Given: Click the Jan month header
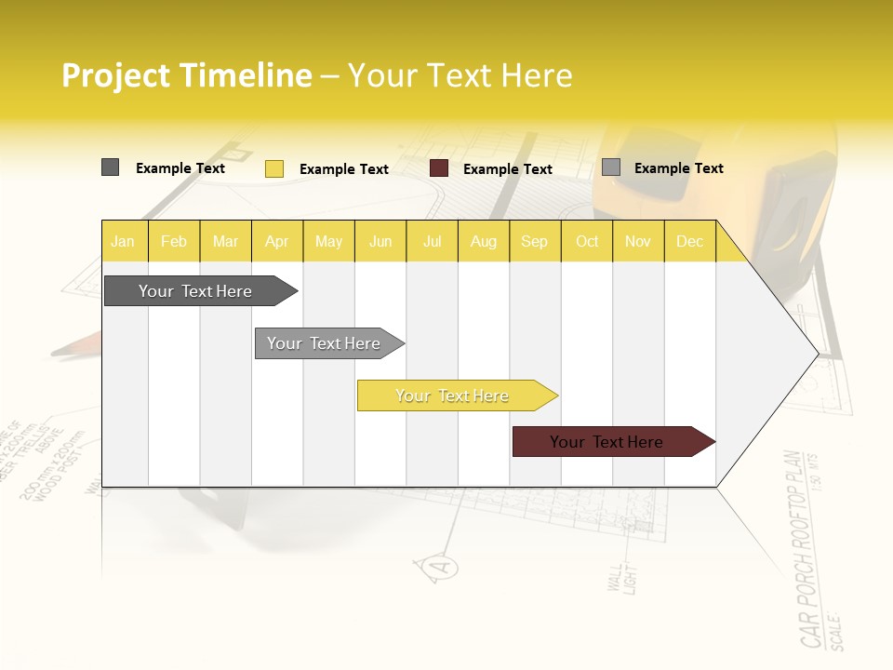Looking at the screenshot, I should point(123,241).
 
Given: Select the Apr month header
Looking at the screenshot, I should point(276,241).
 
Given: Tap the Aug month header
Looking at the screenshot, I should point(483,241).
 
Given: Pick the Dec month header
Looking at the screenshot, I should point(689,241).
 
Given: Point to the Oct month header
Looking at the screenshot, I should point(587,241).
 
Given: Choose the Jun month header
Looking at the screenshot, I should point(380,241).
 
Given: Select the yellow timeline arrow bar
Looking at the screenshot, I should point(454,395).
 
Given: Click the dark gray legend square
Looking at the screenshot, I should point(110,167).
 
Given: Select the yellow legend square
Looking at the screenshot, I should point(273,168).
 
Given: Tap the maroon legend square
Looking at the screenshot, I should point(439,168).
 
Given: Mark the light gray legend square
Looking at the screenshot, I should point(611,167).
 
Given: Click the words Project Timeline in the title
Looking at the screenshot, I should point(186,75).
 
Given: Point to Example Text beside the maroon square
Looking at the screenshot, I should point(507,169).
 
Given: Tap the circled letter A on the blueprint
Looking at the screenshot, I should point(442,566).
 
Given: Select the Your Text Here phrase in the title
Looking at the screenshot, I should point(460,75).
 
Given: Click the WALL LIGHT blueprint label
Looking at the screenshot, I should point(620,577).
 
